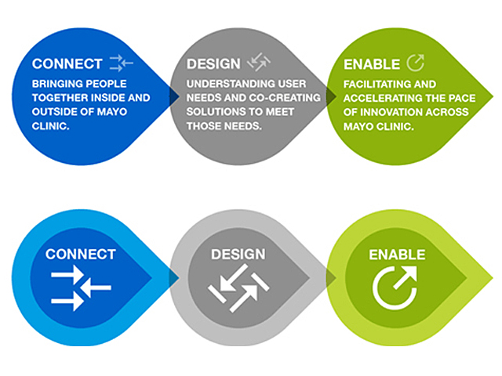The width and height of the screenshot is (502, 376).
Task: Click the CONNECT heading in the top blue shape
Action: tap(67, 64)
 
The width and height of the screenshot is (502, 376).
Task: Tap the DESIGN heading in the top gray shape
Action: tap(213, 64)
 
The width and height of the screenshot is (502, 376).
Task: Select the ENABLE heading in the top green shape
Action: tap(372, 64)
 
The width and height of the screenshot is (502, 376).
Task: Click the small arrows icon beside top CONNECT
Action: tap(121, 63)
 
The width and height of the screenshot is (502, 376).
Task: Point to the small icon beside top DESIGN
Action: tap(259, 62)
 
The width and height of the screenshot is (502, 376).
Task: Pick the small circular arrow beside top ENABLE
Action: tap(416, 63)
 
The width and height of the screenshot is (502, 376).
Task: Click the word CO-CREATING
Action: tap(285, 97)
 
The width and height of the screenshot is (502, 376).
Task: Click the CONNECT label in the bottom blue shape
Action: tap(81, 255)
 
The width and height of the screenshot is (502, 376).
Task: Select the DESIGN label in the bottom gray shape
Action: tap(238, 255)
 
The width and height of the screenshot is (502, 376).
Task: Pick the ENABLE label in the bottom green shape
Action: tap(397, 255)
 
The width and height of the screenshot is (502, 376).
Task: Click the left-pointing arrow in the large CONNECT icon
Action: tap(96, 287)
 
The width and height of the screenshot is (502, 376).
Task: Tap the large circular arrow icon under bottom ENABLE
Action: tap(395, 287)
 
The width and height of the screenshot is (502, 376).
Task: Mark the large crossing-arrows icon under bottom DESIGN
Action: tap(238, 287)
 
